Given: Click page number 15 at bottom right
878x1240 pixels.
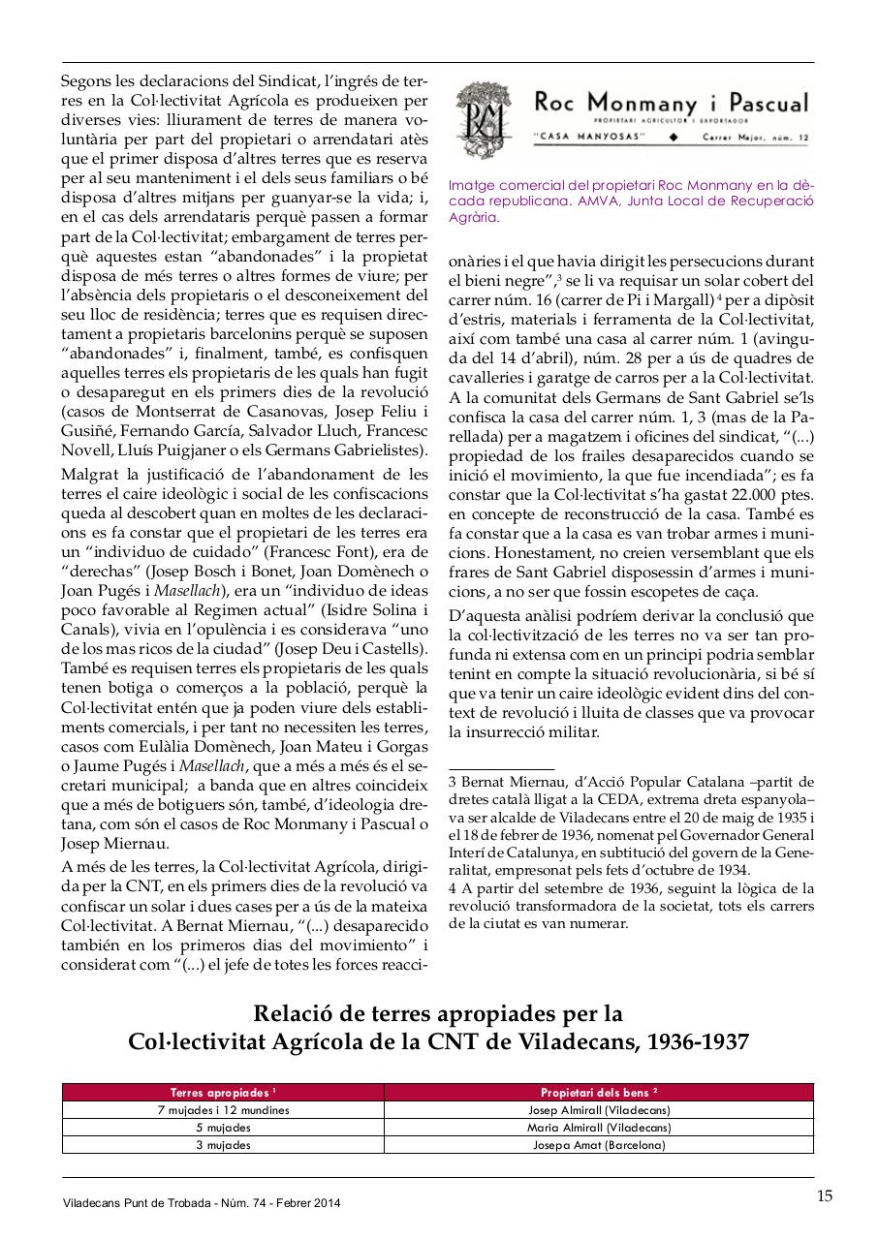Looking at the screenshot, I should click(x=824, y=1195).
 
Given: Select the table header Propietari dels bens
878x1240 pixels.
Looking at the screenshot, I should click(x=598, y=1092).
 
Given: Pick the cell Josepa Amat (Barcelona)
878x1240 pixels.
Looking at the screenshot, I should click(x=598, y=1144).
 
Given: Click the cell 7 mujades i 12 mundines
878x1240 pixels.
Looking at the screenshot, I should click(x=223, y=1110).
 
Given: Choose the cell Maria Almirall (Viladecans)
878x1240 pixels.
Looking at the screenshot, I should click(x=598, y=1128).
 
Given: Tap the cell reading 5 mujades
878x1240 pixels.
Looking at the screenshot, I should click(x=223, y=1128).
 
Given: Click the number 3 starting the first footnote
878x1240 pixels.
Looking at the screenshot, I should click(x=453, y=781).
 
